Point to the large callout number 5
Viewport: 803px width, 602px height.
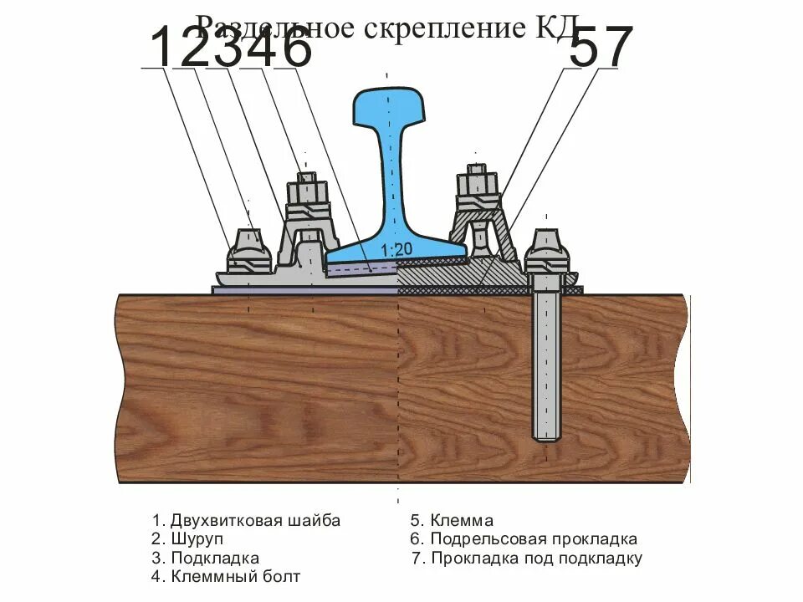coord(583,48)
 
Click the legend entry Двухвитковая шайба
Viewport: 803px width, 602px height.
coord(247,520)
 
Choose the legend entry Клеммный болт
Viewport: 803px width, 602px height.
coord(226,576)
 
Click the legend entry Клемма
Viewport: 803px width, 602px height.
coord(452,520)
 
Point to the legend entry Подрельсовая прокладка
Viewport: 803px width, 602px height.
coord(524,539)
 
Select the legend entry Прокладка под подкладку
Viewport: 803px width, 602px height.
coord(527,558)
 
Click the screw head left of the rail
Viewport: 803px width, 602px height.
coord(248,246)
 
